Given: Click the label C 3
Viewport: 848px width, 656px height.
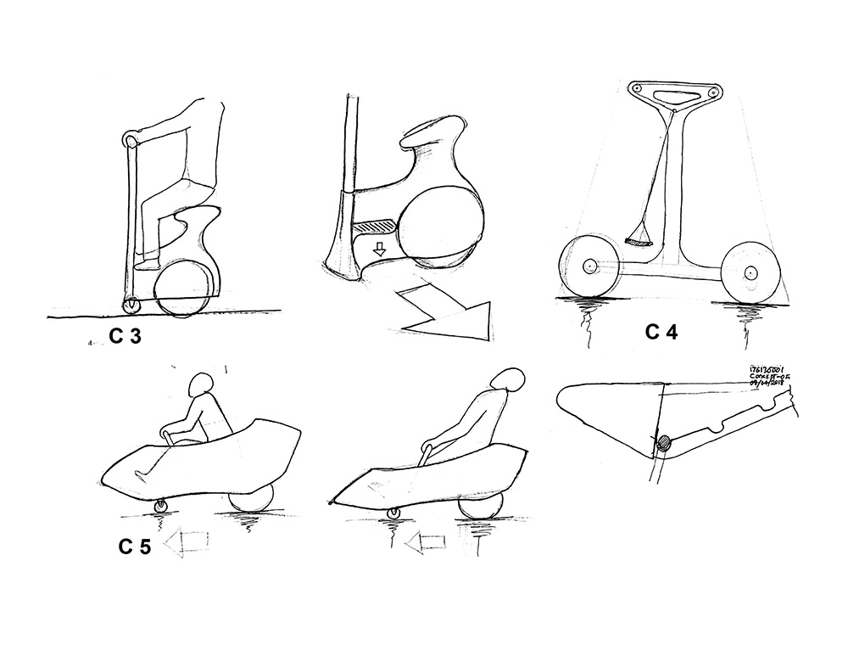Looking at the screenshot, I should click(x=126, y=338).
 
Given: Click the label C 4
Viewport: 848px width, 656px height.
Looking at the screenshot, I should click(x=661, y=332).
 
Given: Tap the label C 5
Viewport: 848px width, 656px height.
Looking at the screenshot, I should click(x=135, y=547).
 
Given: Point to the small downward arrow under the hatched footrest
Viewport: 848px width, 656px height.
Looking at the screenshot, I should click(x=380, y=250).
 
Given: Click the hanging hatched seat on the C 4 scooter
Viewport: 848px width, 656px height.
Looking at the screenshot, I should click(x=642, y=242).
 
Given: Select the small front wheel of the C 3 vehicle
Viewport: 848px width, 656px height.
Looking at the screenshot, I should click(x=131, y=304).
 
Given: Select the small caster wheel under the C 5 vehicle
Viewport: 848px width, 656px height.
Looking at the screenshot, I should click(x=163, y=507).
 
